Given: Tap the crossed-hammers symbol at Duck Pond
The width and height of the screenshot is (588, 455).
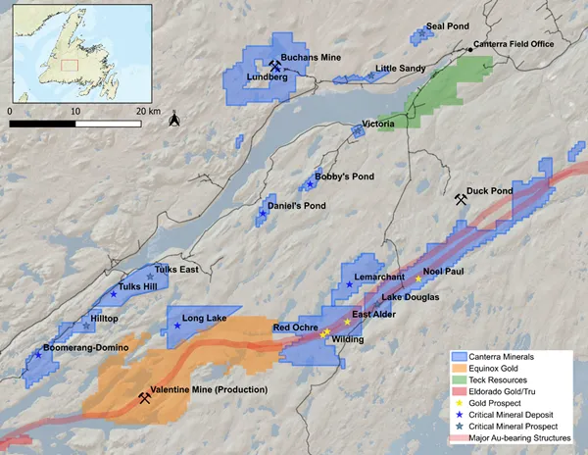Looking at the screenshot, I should click(x=461, y=199).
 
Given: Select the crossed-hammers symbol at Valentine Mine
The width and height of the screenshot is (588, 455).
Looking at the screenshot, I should click(x=144, y=398).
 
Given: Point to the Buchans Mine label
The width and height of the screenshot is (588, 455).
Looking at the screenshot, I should click(x=311, y=59).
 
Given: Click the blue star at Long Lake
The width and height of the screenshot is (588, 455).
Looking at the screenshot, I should click(x=176, y=325).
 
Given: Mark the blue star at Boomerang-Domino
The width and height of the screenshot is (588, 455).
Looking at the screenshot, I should click(x=38, y=354).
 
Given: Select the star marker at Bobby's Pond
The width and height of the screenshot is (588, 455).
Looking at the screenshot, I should click(x=310, y=183).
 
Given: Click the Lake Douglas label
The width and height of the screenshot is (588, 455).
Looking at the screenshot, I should click(x=411, y=296).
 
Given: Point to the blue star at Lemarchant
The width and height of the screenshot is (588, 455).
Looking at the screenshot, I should click(x=349, y=284).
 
